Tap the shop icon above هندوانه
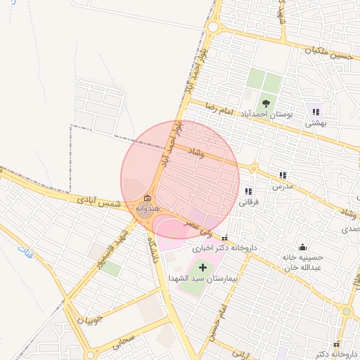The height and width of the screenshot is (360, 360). pyautogui.click(x=148, y=199)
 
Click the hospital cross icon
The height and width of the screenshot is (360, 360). pyautogui.click(x=203, y=268)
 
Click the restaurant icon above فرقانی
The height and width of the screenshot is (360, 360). pyautogui.click(x=247, y=191)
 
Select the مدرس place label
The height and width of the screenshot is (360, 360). pyautogui.click(x=283, y=186)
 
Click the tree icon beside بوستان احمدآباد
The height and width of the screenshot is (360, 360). pyautogui.click(x=266, y=103)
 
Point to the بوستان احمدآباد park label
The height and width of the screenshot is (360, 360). pyautogui.click(x=266, y=114)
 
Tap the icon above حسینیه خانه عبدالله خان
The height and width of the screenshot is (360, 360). pyautogui.click(x=302, y=247)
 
